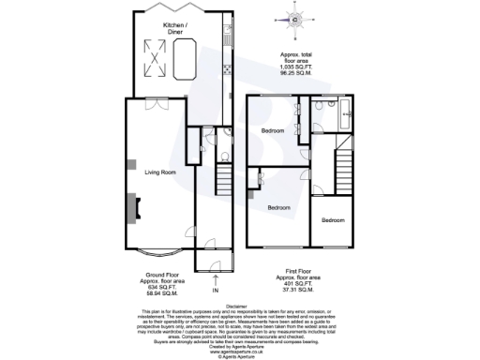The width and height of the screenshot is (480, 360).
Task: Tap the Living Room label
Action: pyautogui.click(x=160, y=172)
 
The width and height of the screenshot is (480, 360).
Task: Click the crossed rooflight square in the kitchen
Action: pyautogui.click(x=154, y=61)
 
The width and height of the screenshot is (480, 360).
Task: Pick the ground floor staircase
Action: pyautogui.click(x=223, y=176)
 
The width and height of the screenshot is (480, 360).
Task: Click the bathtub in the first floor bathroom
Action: pyautogui.click(x=343, y=118)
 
